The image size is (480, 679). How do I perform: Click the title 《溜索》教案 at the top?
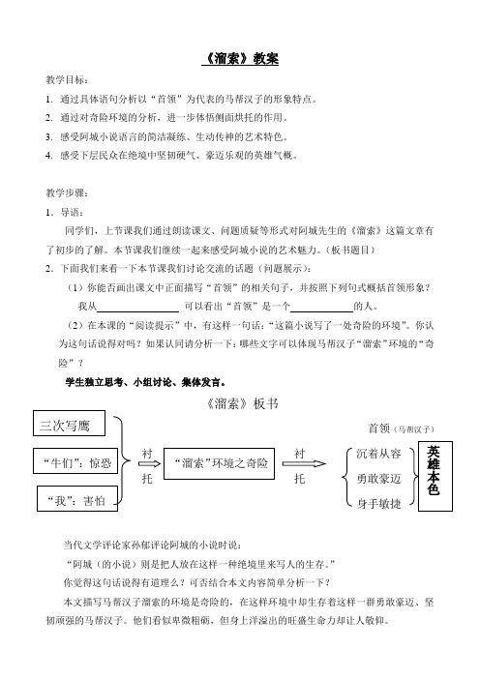pyautogui.click(x=240, y=59)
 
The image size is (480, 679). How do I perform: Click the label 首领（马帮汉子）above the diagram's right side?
pyautogui.click(x=400, y=427)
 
